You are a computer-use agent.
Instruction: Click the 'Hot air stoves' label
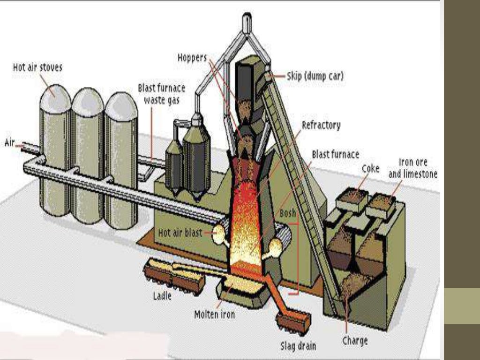click(x=37, y=67)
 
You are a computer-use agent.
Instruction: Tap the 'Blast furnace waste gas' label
click(x=161, y=94)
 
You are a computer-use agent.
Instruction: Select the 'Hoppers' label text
click(x=192, y=58)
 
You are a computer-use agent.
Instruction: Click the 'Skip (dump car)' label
click(x=315, y=76)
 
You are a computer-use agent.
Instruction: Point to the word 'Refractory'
click(x=321, y=125)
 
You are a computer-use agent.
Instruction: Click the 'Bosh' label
click(x=288, y=213)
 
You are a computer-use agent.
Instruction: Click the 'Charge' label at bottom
click(x=355, y=340)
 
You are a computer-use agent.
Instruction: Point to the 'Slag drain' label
click(x=298, y=346)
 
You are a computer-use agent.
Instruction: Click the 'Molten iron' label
click(x=214, y=315)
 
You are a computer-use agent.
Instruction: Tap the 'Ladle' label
click(x=162, y=296)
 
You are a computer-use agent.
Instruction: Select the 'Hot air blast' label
click(x=180, y=232)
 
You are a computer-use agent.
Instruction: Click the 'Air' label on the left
click(x=10, y=142)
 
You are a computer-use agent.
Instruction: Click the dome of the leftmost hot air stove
click(x=55, y=98)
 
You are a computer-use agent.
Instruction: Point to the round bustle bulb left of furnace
click(x=218, y=233)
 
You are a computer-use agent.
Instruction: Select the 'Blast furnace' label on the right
click(x=336, y=154)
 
